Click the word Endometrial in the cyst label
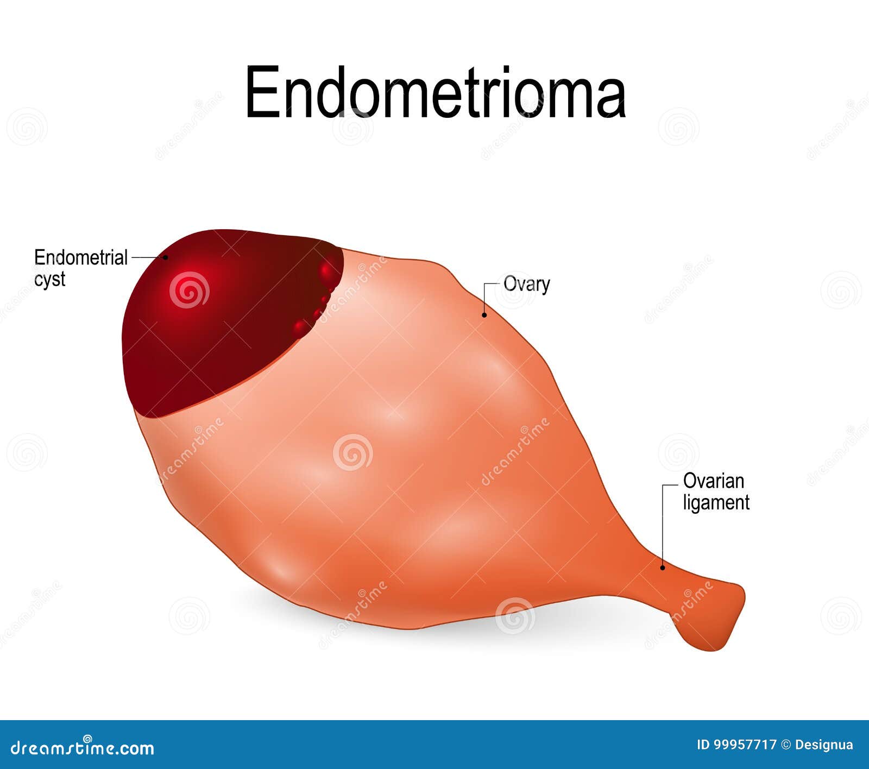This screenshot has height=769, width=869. pyautogui.click(x=81, y=257)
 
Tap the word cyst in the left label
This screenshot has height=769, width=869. pyautogui.click(x=49, y=279)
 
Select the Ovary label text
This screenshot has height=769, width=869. pyautogui.click(x=526, y=284)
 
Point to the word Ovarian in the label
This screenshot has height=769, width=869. pyautogui.click(x=713, y=481)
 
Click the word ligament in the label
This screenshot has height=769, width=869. pyautogui.click(x=716, y=503)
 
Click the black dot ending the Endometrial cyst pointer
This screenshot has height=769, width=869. pyautogui.click(x=166, y=257)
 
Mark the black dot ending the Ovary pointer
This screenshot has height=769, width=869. pyautogui.click(x=484, y=314)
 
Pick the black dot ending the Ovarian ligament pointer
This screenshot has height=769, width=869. pyautogui.click(x=662, y=568)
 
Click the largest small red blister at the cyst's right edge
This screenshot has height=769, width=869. pyautogui.click(x=327, y=270)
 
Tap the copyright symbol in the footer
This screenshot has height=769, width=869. pyautogui.click(x=785, y=745)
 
